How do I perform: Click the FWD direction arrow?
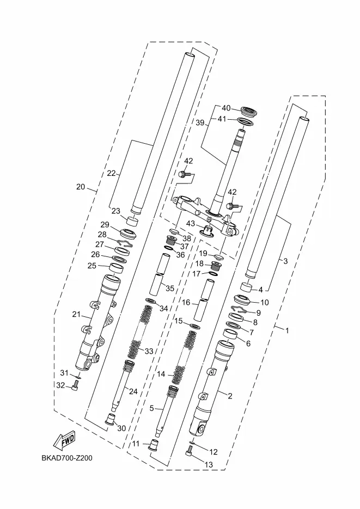[65, 440]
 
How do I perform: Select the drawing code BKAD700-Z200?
[67, 458]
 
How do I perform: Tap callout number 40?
[226, 108]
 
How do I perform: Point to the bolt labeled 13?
[189, 450]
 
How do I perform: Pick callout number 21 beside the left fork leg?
[76, 314]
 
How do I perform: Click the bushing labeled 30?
[111, 419]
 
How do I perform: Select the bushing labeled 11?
[153, 445]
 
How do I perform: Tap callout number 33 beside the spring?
[149, 351]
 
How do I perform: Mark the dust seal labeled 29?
[128, 233]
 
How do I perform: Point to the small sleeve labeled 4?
[246, 287]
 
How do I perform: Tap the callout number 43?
[190, 224]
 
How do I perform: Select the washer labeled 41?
[246, 122]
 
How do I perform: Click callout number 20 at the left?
[81, 187]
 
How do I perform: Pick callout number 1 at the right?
[287, 330]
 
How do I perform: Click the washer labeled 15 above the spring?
[195, 326]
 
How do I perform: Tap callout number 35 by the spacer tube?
[170, 289]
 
